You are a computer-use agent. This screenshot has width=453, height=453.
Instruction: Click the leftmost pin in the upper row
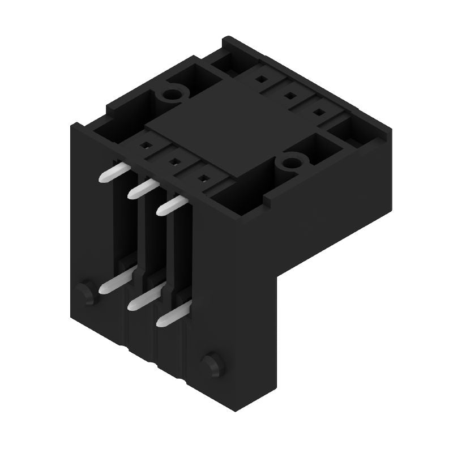(112, 173)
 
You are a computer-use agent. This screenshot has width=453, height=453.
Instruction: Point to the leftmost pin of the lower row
(112, 283)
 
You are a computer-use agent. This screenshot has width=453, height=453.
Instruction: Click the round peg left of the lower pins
(85, 292)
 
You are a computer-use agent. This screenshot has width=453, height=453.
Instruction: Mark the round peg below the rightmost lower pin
(211, 362)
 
